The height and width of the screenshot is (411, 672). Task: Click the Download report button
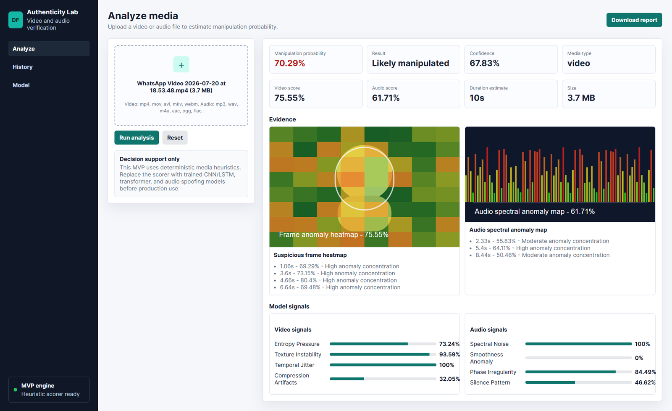634,20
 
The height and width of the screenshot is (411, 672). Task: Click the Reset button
175,137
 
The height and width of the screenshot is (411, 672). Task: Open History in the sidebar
23,67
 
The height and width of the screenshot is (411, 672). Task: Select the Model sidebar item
21,85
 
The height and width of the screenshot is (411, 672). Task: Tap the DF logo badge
15,20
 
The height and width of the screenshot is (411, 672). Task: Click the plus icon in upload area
181,65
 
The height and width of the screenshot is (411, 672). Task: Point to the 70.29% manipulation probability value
289,63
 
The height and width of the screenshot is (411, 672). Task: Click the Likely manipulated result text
410,63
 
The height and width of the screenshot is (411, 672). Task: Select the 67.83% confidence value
484,63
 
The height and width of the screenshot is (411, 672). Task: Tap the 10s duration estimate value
477,98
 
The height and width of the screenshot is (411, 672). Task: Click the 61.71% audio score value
386,98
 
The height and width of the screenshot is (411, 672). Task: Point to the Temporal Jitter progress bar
383,365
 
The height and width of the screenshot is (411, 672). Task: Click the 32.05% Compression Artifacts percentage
449,379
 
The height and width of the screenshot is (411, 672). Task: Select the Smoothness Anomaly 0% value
639,358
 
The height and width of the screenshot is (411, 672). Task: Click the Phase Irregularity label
493,372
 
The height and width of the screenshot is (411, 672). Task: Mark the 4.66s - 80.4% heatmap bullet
338,280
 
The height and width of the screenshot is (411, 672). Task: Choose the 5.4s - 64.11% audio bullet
533,248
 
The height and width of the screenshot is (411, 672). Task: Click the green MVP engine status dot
15,390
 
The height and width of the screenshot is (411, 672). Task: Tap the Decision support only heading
150,159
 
